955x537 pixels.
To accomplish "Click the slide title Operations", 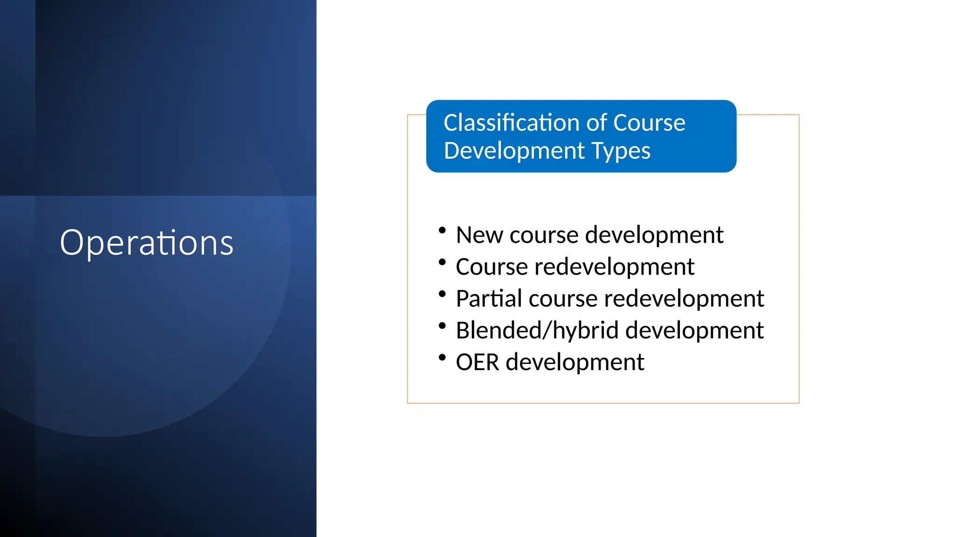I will click(x=146, y=243).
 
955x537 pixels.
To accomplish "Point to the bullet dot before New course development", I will click(x=443, y=230).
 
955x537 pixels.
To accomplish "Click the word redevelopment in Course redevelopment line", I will click(x=614, y=267).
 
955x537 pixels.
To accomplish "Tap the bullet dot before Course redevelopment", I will click(x=443, y=262).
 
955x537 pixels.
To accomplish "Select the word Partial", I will click(x=489, y=298).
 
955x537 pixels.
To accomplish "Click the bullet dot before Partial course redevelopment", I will click(x=443, y=294).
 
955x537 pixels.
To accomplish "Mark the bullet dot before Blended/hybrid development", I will click(x=443, y=325).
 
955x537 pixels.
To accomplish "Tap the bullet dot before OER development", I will click(x=443, y=358).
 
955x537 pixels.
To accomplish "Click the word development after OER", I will click(x=574, y=362).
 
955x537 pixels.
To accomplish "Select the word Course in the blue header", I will click(x=649, y=123).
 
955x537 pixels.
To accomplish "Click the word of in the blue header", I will click(x=597, y=123).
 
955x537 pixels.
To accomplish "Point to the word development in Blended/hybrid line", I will click(x=694, y=330).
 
